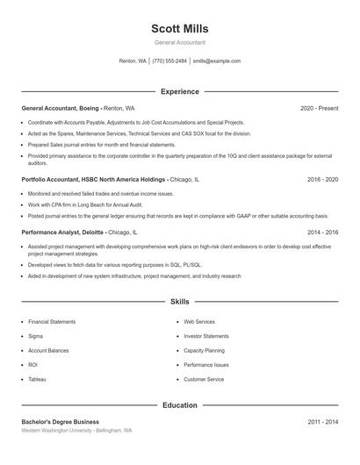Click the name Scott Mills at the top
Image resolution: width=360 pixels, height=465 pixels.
click(179, 29)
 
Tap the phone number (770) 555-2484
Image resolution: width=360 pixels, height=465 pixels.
click(169, 61)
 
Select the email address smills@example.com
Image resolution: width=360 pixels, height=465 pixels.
click(216, 61)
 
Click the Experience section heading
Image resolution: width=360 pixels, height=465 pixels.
click(179, 91)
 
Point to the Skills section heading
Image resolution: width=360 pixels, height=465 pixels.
click(179, 301)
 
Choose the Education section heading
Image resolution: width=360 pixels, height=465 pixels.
click(179, 405)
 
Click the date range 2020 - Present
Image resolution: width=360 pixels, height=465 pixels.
click(319, 108)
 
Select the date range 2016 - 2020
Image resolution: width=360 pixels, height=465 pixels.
click(322, 179)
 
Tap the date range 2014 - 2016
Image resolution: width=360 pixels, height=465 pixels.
click(322, 232)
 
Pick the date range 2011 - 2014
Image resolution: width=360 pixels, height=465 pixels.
click(322, 422)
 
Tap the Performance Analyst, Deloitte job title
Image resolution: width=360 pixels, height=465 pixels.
click(64, 232)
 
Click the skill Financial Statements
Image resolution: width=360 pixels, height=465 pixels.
click(52, 322)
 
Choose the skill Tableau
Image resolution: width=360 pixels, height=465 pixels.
click(37, 380)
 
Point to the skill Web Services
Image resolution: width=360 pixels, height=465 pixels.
click(198, 322)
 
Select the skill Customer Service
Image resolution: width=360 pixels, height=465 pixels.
click(204, 380)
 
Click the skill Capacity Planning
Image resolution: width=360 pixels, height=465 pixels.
click(204, 350)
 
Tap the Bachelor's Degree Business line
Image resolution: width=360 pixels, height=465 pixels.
click(61, 422)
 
